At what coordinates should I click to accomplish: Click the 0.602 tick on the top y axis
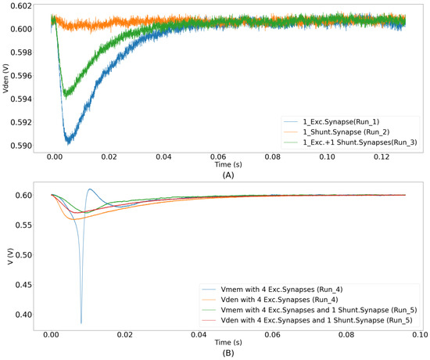tap(34, 7)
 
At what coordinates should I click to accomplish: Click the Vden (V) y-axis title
tap(7, 78)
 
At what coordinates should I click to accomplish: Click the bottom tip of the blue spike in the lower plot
tap(81, 322)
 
